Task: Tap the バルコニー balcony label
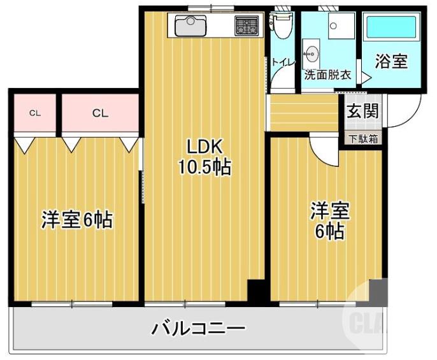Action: [x=198, y=329]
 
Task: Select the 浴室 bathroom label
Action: [x=390, y=62]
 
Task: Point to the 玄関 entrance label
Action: [x=362, y=110]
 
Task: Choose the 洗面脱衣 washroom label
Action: [x=327, y=75]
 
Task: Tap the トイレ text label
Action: [x=281, y=62]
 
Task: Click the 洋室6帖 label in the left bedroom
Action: [x=77, y=220]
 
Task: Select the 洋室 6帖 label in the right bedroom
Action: [x=329, y=220]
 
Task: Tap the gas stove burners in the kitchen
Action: [x=245, y=26]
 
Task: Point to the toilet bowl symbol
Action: [x=280, y=26]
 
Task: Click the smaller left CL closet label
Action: [x=34, y=113]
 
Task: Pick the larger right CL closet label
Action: [x=99, y=113]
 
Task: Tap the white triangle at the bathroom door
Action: [x=366, y=77]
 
